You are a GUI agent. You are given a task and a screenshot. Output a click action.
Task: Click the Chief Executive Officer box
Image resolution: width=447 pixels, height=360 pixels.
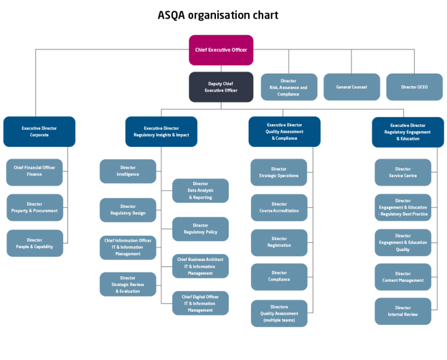(221, 50)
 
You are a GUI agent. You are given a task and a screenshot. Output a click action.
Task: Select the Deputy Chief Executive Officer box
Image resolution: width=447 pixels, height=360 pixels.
(221, 87)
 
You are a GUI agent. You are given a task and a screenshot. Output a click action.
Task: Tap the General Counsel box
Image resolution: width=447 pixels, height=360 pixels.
(352, 87)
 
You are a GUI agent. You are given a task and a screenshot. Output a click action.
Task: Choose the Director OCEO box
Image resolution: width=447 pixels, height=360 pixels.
(414, 87)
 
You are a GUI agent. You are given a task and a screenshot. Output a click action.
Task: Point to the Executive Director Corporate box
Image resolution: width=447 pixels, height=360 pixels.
(39, 131)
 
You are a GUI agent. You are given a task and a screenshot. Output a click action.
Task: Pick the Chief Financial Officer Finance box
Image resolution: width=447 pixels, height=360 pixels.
(34, 171)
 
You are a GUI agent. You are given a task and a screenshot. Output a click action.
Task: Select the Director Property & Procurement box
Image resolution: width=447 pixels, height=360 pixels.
(34, 207)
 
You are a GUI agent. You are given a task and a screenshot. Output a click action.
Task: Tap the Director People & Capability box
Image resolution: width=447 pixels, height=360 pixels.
(34, 243)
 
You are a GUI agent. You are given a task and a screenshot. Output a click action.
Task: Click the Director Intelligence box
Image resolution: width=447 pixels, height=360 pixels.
(127, 171)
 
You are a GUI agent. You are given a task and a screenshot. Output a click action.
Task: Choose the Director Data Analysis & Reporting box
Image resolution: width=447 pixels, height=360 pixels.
(200, 190)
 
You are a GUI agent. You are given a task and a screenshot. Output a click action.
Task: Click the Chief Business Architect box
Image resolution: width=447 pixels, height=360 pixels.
(200, 266)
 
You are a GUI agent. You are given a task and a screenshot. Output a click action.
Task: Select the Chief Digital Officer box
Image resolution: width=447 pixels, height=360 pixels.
(200, 303)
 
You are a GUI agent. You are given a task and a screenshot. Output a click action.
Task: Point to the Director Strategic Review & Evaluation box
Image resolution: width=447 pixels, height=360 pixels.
(127, 284)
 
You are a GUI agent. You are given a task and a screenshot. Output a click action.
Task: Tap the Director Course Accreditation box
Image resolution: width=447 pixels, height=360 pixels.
(279, 207)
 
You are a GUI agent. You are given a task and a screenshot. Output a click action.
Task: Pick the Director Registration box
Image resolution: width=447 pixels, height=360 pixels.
(279, 242)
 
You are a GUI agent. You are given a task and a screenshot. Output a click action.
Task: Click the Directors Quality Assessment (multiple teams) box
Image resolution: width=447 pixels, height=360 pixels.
(279, 313)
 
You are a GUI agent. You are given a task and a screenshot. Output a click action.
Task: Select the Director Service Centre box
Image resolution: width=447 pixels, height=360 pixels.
(403, 172)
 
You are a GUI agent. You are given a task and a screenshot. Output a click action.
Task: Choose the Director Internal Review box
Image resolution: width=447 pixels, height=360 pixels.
(403, 311)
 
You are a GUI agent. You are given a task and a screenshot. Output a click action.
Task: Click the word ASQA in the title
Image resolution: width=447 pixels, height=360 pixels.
(172, 15)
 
